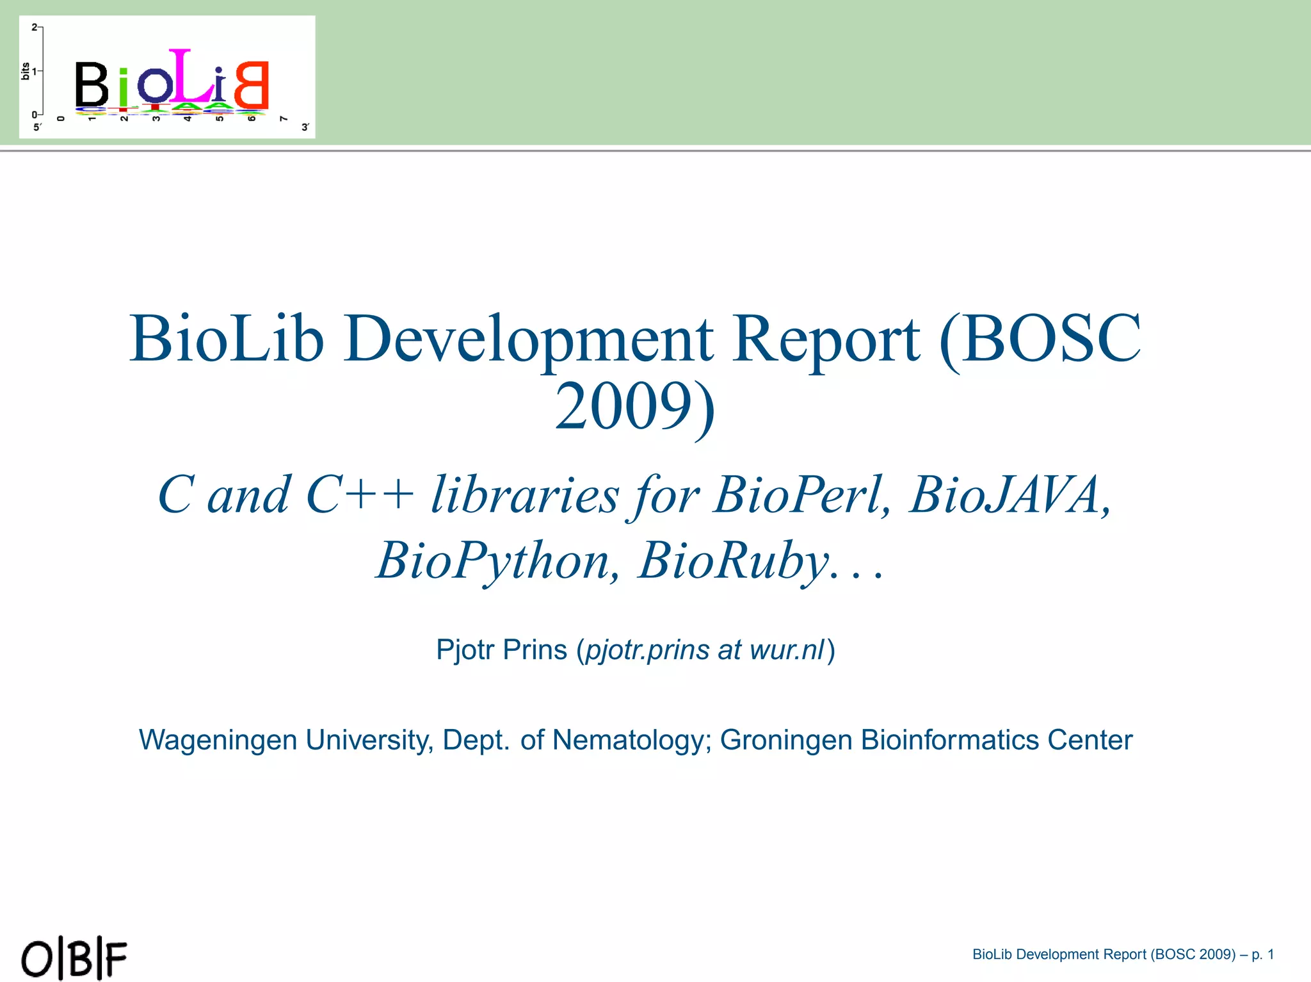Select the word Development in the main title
tap(528, 339)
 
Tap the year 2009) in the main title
tap(634, 407)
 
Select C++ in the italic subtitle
tap(360, 495)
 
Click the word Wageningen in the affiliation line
tap(218, 741)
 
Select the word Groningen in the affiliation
tap(785, 741)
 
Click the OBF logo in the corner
tap(74, 958)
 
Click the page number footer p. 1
tap(1262, 954)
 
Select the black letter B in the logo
tap(92, 84)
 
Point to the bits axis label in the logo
tap(25, 71)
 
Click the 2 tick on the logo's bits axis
tap(35, 28)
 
